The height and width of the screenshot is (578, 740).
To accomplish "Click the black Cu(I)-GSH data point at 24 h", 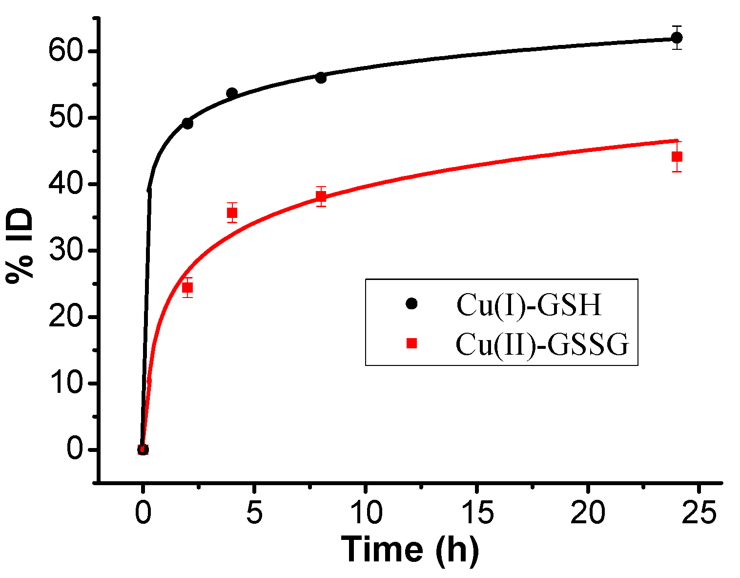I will (677, 38).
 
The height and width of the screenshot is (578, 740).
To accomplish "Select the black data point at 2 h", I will (187, 124).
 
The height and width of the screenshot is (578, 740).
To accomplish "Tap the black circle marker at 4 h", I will (232, 93).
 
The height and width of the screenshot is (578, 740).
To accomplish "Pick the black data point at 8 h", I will (321, 78).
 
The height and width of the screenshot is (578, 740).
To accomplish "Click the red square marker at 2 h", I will (187, 287).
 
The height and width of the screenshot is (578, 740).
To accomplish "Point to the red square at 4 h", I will (232, 213).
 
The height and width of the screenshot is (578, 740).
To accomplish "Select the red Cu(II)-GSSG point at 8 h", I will (321, 196).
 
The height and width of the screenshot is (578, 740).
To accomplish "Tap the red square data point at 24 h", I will (677, 157).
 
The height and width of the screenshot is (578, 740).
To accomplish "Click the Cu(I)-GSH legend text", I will (529, 305).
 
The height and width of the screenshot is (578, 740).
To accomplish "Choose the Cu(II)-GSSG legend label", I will (542, 344).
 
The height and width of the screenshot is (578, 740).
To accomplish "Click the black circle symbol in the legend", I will (411, 304).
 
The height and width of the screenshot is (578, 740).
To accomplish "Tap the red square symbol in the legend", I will (411, 343).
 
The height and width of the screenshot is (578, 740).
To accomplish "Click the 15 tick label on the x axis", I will (476, 514).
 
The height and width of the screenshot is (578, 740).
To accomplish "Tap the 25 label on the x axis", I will (699, 514).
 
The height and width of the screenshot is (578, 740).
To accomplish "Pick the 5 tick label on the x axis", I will (254, 514).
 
